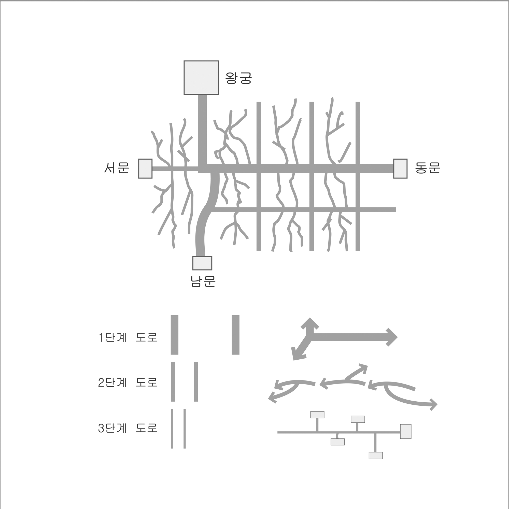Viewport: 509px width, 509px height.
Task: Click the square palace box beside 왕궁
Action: point(201,77)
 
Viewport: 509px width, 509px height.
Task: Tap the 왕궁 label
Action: point(239,78)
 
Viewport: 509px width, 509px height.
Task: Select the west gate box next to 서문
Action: point(145,169)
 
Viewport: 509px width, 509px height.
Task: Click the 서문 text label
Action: point(117,167)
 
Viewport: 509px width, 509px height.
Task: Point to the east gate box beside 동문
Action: point(400,169)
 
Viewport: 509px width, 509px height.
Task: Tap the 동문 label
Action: point(428,167)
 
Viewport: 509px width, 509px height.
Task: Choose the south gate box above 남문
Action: point(202,263)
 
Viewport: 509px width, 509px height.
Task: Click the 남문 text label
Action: point(203,281)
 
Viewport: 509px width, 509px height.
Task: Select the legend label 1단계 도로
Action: point(128,337)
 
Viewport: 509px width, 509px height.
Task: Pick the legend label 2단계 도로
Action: point(128,382)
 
